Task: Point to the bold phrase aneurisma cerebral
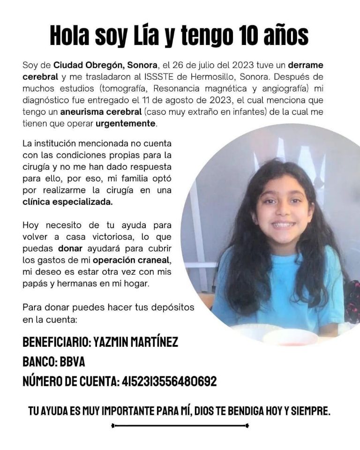101,112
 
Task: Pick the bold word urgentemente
125,124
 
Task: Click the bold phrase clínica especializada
68,202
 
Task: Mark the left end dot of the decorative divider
112,426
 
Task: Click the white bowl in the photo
291,336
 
